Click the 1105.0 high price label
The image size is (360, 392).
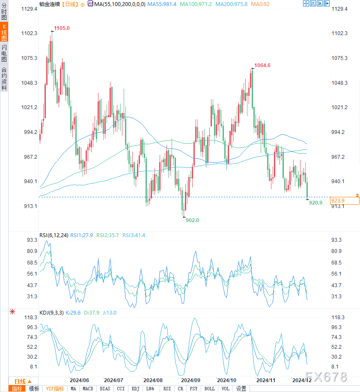[62, 28]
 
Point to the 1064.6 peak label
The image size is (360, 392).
[262, 65]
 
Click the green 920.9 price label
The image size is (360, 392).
[315, 202]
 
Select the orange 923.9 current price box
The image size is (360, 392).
[338, 200]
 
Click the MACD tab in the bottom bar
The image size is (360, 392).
[88, 389]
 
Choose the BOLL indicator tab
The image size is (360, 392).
[210, 389]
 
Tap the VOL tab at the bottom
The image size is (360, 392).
[225, 389]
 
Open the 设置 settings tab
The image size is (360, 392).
[241, 389]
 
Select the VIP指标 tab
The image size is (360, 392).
[55, 389]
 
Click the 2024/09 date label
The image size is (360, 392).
[191, 380]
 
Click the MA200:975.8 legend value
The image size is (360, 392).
[232, 4]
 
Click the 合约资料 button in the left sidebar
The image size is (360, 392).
[4, 79]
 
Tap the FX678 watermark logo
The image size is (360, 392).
[330, 377]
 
